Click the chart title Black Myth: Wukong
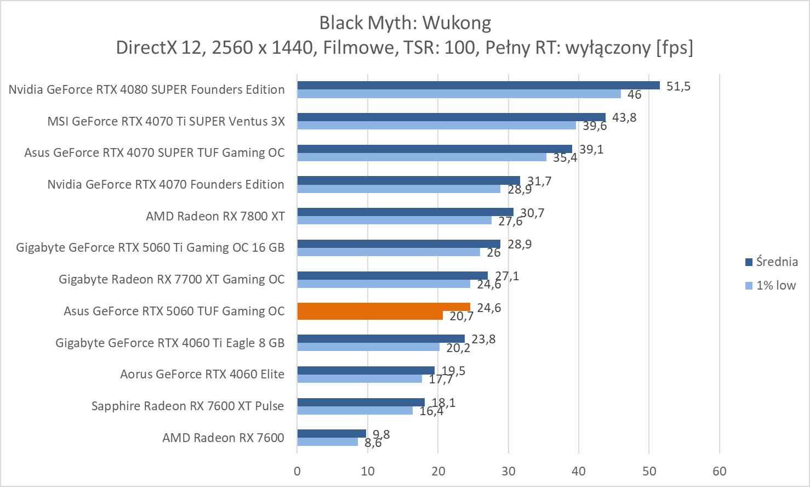[x=404, y=22]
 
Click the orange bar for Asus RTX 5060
[x=384, y=307]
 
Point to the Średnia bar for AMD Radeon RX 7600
[x=332, y=433]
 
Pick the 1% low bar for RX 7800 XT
[x=394, y=220]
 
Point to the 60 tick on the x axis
[x=719, y=471]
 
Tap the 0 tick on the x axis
[x=297, y=471]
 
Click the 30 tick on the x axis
[x=508, y=471]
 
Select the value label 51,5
[x=678, y=86]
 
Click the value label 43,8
[x=624, y=117]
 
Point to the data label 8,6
[x=373, y=443]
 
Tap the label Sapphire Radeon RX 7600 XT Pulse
[x=187, y=406]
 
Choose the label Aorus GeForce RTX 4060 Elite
[x=202, y=374]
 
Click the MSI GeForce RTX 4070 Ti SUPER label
[x=166, y=121]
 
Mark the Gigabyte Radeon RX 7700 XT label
[x=172, y=279]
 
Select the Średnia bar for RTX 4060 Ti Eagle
[x=380, y=338]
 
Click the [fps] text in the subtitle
[x=674, y=48]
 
